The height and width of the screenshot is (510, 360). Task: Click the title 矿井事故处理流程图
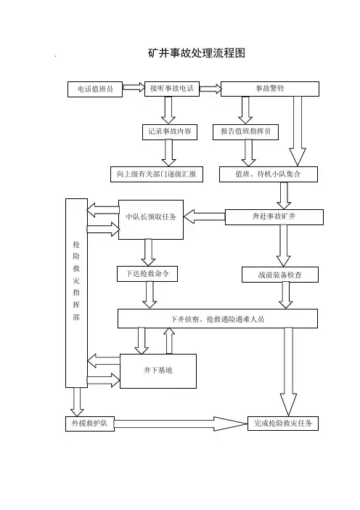(x=196, y=53)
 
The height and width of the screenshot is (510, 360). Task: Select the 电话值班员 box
(x=95, y=89)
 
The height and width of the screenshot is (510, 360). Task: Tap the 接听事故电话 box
(x=172, y=89)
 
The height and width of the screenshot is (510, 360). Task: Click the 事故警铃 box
(x=270, y=89)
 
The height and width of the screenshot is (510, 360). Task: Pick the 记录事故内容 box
(x=170, y=131)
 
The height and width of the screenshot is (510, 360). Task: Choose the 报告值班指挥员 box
(x=245, y=131)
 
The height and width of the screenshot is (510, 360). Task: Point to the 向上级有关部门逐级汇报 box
(x=157, y=174)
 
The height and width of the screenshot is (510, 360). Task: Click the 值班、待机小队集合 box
(x=269, y=174)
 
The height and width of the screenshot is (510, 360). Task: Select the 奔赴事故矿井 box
(x=274, y=217)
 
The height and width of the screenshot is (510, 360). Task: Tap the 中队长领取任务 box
(x=151, y=219)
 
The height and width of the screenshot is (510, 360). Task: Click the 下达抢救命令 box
(x=147, y=274)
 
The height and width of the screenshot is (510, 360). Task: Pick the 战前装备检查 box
(x=280, y=275)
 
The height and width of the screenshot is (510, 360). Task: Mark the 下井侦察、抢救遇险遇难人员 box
(x=217, y=318)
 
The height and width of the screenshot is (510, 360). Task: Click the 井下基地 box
(x=158, y=371)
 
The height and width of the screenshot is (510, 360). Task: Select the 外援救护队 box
(x=90, y=424)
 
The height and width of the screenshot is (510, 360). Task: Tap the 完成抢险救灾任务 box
(x=283, y=424)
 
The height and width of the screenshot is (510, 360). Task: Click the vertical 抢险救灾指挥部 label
(x=76, y=280)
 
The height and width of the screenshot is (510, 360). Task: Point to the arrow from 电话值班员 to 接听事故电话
(x=134, y=87)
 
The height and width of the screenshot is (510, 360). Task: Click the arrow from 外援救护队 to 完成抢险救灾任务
(x=181, y=424)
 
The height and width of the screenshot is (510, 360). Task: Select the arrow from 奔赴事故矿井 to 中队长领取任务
(x=205, y=216)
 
